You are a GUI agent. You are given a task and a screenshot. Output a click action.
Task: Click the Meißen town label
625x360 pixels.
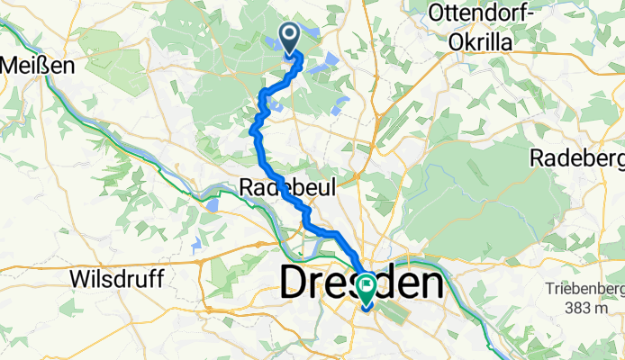point(32,65)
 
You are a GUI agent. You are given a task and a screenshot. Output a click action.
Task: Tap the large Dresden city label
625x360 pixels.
point(362,283)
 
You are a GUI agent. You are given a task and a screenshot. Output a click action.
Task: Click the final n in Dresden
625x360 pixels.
point(430,283)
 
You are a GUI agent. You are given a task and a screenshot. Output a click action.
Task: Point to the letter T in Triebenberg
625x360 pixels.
point(548,289)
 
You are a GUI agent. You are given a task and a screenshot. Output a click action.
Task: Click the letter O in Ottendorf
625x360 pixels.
point(439,13)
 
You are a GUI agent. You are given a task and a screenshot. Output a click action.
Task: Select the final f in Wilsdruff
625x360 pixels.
point(159,279)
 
